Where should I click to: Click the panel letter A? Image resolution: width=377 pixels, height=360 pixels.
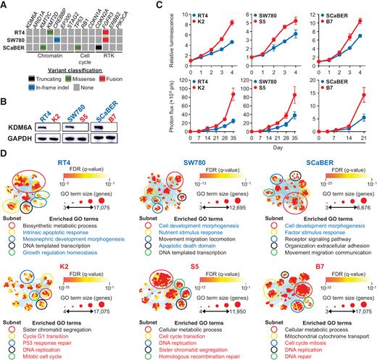[5, 5]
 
